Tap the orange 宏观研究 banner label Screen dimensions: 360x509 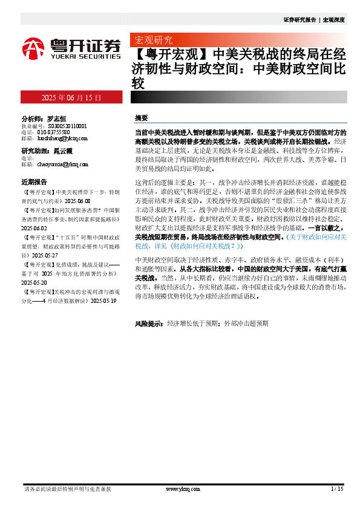[153, 41]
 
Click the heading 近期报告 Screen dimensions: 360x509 [34, 181]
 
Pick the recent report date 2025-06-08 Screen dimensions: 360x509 [77, 199]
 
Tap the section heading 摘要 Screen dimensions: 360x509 [142, 117]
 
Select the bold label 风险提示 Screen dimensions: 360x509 [148, 323]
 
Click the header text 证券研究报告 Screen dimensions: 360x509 [299, 19]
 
